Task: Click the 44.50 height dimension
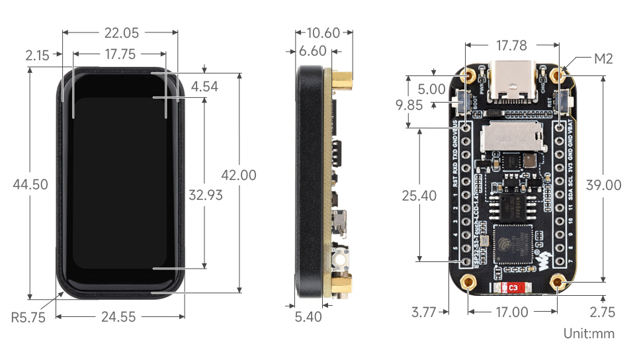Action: pyautogui.click(x=30, y=185)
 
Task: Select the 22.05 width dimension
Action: pyautogui.click(x=120, y=32)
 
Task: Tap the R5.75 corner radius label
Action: pyautogui.click(x=28, y=317)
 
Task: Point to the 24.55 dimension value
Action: pyautogui.click(x=120, y=317)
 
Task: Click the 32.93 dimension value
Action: pyautogui.click(x=205, y=195)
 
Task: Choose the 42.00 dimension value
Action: pyautogui.click(x=238, y=175)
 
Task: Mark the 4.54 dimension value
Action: pyautogui.click(x=204, y=86)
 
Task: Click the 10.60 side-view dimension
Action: pyautogui.click(x=324, y=32)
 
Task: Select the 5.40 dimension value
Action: pyautogui.click(x=309, y=317)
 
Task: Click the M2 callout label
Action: pyautogui.click(x=603, y=59)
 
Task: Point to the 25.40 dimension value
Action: pyautogui.click(x=419, y=195)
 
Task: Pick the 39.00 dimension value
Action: pyautogui.click(x=603, y=185)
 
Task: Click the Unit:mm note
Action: pyautogui.click(x=589, y=334)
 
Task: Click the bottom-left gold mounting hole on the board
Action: pyautogui.click(x=469, y=283)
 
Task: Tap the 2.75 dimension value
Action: pyautogui.click(x=602, y=312)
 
